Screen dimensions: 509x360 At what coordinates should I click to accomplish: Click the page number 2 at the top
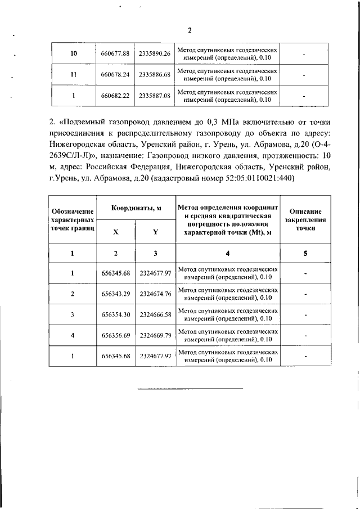190,30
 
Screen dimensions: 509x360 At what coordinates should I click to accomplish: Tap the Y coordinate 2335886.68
154,74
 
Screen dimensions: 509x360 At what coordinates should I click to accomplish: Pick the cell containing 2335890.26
154,53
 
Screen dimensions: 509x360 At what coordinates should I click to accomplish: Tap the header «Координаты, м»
136,208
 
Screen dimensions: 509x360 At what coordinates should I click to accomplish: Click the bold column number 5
305,253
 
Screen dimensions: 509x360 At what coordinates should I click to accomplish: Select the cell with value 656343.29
116,294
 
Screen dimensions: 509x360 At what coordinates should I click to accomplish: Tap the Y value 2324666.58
155,314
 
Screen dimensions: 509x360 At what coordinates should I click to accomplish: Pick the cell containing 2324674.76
155,294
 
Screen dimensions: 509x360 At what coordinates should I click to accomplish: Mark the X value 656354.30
116,314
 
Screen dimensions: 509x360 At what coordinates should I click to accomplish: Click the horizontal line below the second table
191,389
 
